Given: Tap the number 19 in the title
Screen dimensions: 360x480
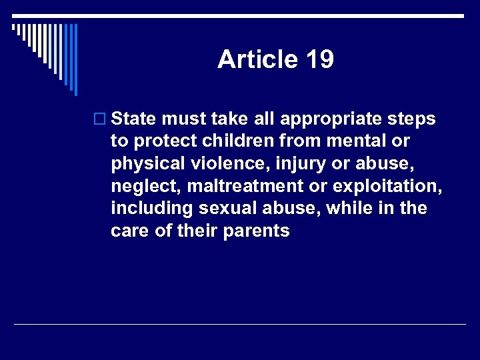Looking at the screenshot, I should (320, 60).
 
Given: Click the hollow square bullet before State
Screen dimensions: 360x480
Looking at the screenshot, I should (101, 119).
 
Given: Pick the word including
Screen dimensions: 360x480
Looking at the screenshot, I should (152, 209).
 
